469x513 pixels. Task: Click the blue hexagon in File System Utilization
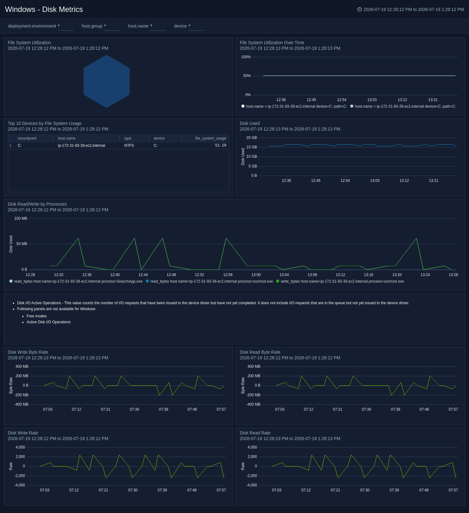click(x=107, y=81)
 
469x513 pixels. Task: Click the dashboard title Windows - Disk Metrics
click(x=44, y=9)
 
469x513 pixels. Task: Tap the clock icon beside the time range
click(x=360, y=9)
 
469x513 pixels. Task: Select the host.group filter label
click(x=92, y=26)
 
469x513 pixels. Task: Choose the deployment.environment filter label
click(x=32, y=26)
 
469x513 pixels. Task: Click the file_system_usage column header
click(x=211, y=138)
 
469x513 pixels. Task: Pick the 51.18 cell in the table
click(x=221, y=146)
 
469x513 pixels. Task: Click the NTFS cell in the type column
click(x=129, y=146)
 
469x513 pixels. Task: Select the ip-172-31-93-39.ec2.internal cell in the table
click(x=81, y=146)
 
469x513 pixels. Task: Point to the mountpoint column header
click(x=27, y=138)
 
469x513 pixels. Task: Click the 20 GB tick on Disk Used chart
click(x=252, y=138)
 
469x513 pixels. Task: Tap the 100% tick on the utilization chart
click(x=246, y=57)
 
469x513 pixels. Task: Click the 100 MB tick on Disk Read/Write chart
click(x=21, y=218)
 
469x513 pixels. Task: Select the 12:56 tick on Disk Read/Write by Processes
click(x=228, y=275)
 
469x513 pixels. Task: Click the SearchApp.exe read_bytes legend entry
click(x=76, y=281)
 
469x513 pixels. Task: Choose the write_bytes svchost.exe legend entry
click(x=340, y=281)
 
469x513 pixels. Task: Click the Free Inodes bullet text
click(x=37, y=316)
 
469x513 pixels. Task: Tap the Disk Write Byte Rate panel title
click(x=28, y=352)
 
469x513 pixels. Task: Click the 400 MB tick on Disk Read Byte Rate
click(x=254, y=367)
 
